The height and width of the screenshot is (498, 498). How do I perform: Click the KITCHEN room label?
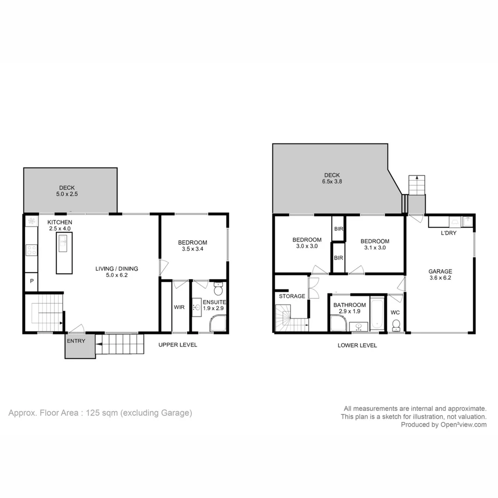click(x=60, y=222)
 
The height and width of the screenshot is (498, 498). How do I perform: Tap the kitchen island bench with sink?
click(x=64, y=253)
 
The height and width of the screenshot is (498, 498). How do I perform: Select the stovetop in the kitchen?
click(x=32, y=250)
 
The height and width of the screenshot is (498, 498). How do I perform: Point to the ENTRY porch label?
click(x=76, y=341)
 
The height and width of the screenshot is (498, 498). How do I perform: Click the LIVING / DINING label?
click(x=117, y=269)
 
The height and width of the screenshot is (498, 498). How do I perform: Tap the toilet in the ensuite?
click(x=218, y=290)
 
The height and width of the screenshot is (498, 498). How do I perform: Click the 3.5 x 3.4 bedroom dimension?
click(x=192, y=249)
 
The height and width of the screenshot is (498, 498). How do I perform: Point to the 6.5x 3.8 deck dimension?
click(x=332, y=182)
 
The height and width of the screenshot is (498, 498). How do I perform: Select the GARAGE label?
click(x=440, y=272)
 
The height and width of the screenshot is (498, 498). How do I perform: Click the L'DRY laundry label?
click(x=449, y=233)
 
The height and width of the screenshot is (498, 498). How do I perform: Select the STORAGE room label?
click(x=292, y=296)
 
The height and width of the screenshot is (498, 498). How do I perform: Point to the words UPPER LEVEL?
click(x=178, y=345)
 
